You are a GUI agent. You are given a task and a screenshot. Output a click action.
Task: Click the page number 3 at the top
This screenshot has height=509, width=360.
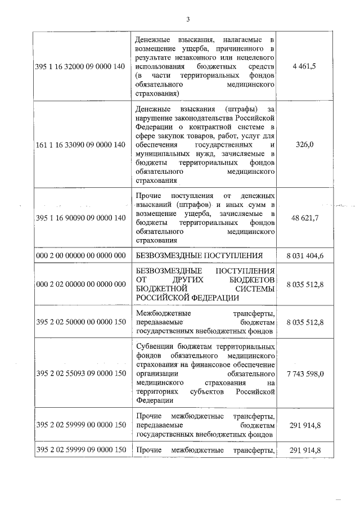click(x=188, y=20)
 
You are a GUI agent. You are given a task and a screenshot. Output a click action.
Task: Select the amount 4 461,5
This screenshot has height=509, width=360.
click(x=305, y=66)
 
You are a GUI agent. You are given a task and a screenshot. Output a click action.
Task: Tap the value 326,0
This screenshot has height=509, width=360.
click(x=305, y=145)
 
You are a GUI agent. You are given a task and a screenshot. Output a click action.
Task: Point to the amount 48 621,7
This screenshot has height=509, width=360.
click(x=305, y=218)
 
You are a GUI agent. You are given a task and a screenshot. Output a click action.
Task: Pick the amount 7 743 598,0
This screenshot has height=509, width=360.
click(x=305, y=373)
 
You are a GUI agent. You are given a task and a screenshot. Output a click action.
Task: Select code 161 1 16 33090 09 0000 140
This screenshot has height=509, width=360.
click(x=80, y=145)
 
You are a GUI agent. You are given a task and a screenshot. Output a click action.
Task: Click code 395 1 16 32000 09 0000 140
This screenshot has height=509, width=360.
click(x=80, y=66)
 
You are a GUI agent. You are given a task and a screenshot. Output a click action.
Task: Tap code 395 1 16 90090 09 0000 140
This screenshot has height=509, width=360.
click(x=80, y=218)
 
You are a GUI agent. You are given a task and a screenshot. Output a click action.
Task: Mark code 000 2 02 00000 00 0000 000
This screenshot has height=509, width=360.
click(x=80, y=284)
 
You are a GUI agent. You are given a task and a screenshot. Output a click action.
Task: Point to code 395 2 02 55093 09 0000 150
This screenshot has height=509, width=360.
click(x=80, y=373)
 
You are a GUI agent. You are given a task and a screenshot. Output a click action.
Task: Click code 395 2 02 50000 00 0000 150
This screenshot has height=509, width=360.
click(x=80, y=322)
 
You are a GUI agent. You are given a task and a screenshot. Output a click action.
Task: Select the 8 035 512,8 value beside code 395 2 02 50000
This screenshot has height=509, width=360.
click(x=305, y=322)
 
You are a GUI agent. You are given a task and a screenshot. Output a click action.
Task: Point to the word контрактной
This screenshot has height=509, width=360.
click(x=220, y=127)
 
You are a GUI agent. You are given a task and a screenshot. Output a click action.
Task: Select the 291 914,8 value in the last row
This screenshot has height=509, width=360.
click(x=305, y=449)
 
